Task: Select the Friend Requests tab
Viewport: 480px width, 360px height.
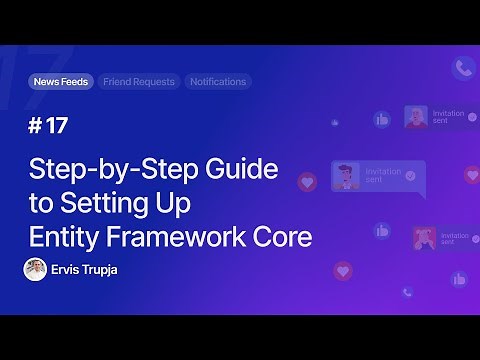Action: tap(139, 82)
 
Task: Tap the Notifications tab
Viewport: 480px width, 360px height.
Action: tap(217, 82)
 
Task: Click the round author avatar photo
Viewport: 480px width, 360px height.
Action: tap(34, 269)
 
